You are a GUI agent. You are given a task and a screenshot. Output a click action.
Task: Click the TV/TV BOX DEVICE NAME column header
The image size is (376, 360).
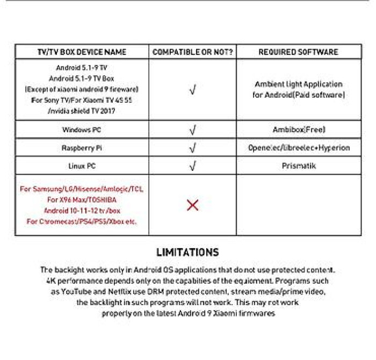click(82, 52)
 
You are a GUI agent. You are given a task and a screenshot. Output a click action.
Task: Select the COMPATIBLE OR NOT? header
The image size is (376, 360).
click(192, 52)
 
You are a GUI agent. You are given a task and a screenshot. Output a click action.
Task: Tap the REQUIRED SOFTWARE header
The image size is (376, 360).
click(298, 52)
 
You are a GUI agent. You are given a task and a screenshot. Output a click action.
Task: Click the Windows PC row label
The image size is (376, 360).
click(82, 129)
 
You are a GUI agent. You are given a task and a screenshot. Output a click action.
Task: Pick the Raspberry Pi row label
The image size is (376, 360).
click(82, 148)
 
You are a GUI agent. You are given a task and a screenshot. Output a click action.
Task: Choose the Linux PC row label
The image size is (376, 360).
click(82, 166)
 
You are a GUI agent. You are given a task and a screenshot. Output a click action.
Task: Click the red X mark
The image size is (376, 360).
click(192, 205)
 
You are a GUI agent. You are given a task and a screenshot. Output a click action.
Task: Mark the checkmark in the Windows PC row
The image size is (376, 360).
click(192, 130)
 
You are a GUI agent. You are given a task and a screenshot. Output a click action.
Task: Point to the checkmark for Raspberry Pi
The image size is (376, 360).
click(192, 148)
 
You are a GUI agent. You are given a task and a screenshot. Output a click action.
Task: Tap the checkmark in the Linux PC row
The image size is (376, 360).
click(192, 167)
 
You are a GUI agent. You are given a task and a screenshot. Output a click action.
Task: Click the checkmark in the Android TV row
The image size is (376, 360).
click(192, 90)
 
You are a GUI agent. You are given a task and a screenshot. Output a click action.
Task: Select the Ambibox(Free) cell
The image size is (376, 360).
click(299, 129)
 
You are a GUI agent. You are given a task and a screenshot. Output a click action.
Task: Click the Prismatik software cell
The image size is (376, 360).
click(299, 166)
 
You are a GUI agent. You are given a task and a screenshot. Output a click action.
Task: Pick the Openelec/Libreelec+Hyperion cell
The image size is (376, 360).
click(299, 148)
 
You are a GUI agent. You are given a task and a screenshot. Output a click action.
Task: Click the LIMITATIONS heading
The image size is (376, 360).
click(187, 252)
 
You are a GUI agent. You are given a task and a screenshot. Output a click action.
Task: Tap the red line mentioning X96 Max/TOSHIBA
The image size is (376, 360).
click(82, 200)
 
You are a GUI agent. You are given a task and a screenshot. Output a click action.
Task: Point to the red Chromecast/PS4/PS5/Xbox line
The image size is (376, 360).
click(82, 221)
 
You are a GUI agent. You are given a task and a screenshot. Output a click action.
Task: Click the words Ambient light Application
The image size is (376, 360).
click(299, 84)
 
